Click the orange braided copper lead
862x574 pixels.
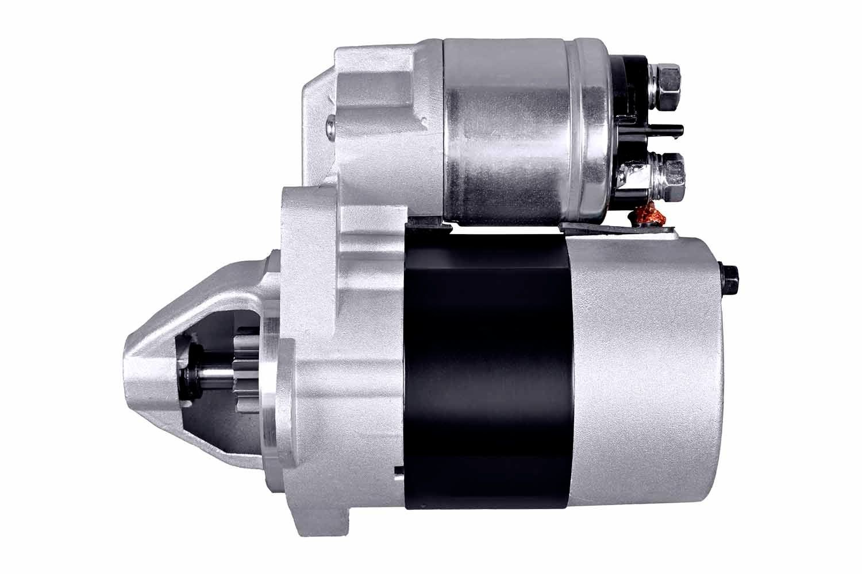[x=647, y=216]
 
